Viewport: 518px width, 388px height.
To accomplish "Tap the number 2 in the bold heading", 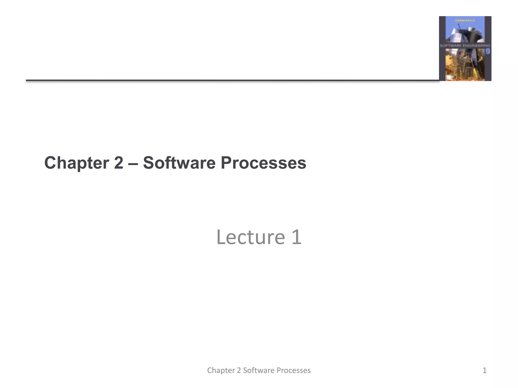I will point(118,163).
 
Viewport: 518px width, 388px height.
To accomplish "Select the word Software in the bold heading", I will point(179,163).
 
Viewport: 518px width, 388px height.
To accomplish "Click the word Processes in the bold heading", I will point(263,163).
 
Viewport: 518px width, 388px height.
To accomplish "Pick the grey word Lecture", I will point(250,237).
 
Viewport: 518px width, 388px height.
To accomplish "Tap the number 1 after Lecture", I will point(296,237).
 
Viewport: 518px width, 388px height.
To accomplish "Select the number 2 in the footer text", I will point(239,370).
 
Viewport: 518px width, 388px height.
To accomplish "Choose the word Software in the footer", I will point(258,370).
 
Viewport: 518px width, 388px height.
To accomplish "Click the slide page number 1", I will point(485,370).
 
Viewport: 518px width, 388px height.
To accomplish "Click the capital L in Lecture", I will point(221,237).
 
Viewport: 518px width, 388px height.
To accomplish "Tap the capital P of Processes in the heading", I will point(226,163).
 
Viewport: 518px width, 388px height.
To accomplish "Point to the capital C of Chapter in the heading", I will point(50,163).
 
